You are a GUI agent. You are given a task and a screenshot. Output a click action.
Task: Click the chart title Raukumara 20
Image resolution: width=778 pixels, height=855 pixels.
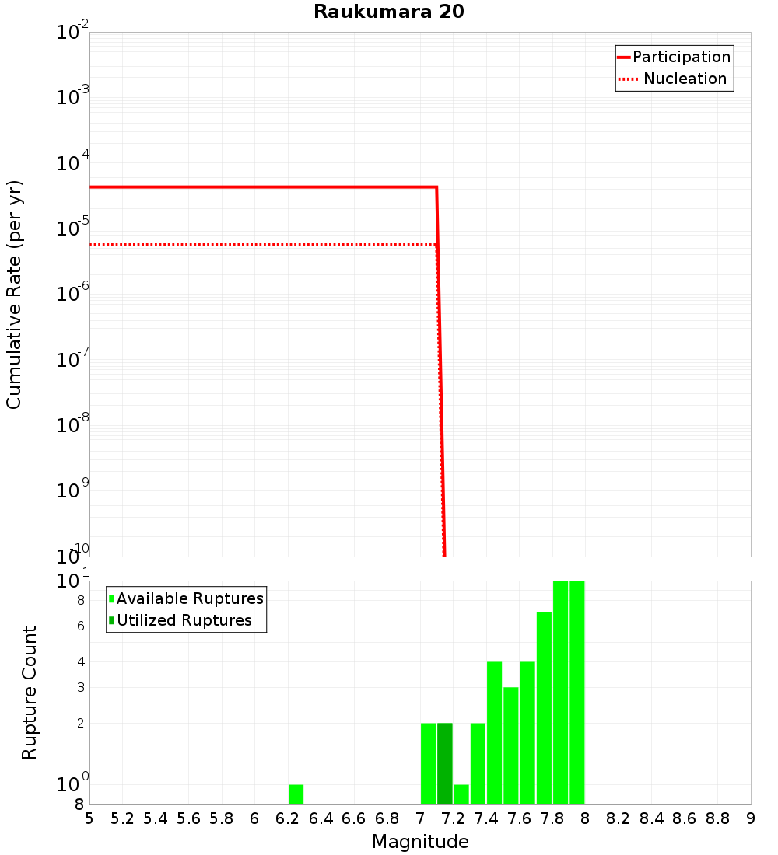click(x=389, y=12)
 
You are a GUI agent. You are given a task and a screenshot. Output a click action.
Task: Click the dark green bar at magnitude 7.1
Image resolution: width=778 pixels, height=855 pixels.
click(x=444, y=763)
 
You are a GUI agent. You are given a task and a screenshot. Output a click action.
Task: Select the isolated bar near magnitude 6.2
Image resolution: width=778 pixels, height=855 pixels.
click(x=296, y=794)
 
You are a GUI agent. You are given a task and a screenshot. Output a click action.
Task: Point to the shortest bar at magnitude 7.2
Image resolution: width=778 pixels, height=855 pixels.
click(x=461, y=794)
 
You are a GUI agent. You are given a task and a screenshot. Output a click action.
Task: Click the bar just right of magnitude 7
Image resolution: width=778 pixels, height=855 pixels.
click(x=428, y=763)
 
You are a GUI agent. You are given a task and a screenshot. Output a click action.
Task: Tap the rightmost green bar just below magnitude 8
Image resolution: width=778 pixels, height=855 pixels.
click(x=576, y=692)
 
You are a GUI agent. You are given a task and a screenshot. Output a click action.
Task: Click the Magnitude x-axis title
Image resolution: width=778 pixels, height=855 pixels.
click(x=420, y=842)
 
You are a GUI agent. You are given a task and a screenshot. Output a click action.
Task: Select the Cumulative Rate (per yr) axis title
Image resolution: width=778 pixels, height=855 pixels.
click(x=14, y=295)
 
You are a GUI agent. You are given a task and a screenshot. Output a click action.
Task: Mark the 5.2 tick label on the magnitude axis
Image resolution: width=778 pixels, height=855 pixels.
click(x=122, y=818)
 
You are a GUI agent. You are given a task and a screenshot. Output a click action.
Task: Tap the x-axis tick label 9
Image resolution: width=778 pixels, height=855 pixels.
click(x=751, y=818)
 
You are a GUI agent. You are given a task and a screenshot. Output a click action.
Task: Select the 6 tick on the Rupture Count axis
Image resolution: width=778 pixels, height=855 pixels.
click(x=80, y=626)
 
